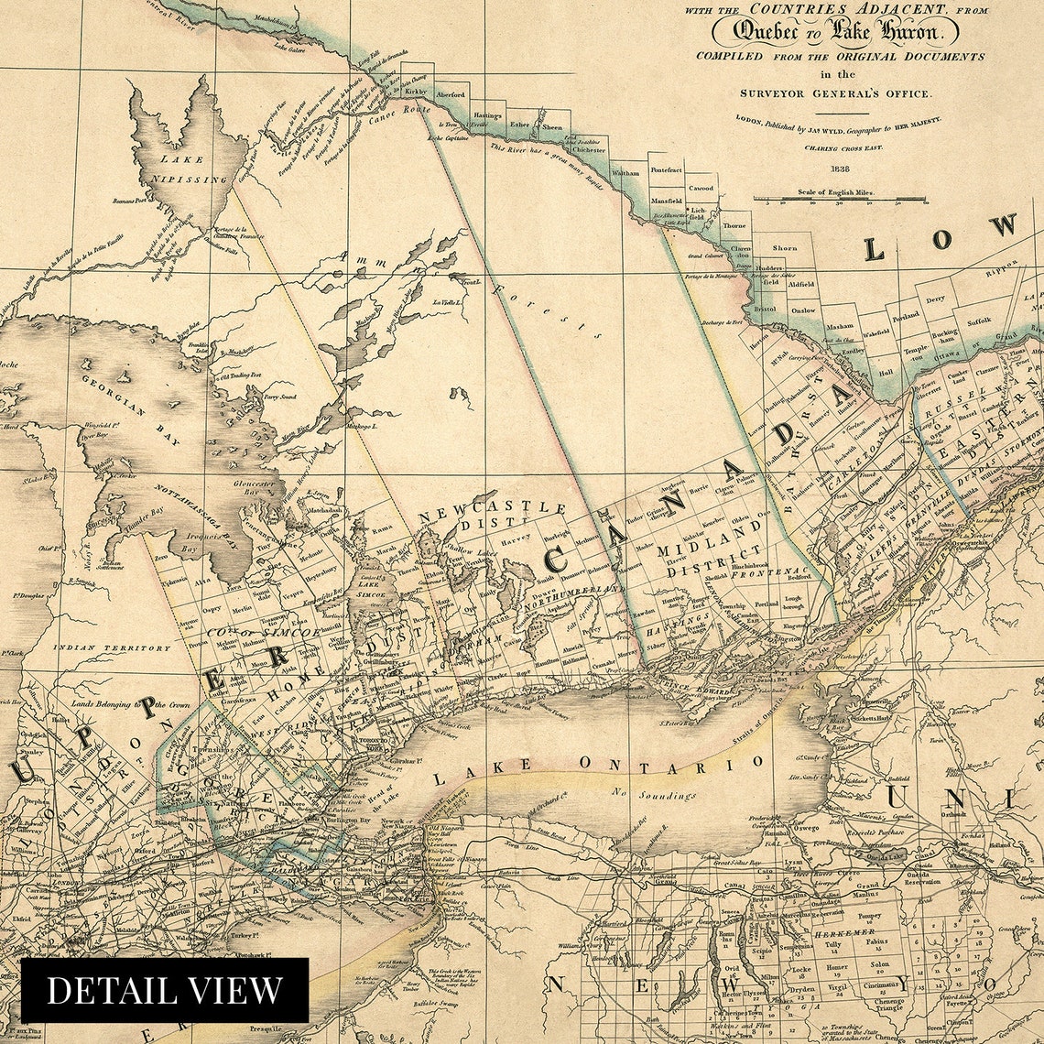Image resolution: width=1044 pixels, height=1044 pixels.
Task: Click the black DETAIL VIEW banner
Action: click(165, 990)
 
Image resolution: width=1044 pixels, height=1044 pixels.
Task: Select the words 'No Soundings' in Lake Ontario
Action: click(655, 795)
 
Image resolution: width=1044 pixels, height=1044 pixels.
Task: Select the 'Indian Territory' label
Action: click(111, 648)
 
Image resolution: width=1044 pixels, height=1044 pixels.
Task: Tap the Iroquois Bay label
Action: click(201, 540)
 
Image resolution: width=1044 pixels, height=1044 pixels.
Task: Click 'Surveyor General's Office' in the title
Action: click(836, 93)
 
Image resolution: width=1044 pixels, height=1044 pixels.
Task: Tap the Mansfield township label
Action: click(666, 201)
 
